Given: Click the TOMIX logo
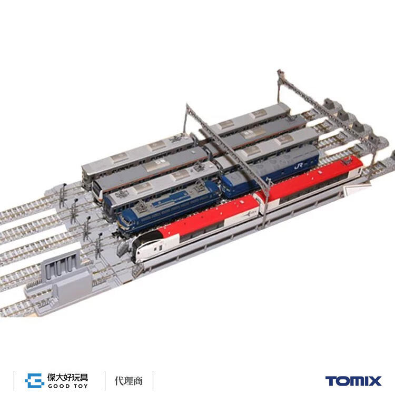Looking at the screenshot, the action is click(x=353, y=381).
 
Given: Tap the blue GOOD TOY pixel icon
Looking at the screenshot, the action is click(x=35, y=381).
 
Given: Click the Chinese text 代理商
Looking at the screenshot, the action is click(x=129, y=381).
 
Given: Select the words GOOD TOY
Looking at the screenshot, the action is click(x=68, y=386).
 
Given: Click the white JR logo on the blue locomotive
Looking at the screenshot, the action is click(x=299, y=166).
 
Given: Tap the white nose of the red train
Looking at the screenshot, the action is click(x=141, y=248).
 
